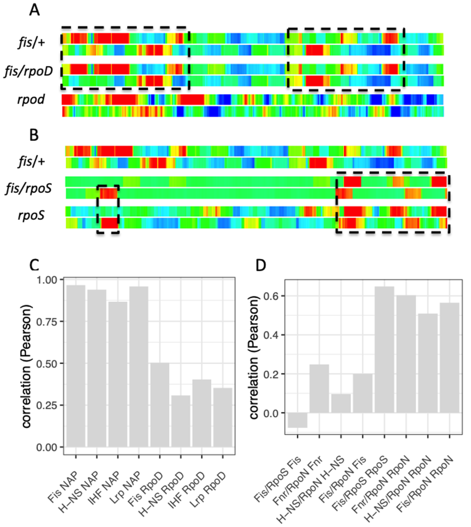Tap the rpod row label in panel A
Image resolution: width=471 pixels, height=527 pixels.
[31, 99]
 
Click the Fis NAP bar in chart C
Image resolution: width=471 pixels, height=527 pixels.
[76, 365]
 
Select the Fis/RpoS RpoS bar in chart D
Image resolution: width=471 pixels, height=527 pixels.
[384, 350]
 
